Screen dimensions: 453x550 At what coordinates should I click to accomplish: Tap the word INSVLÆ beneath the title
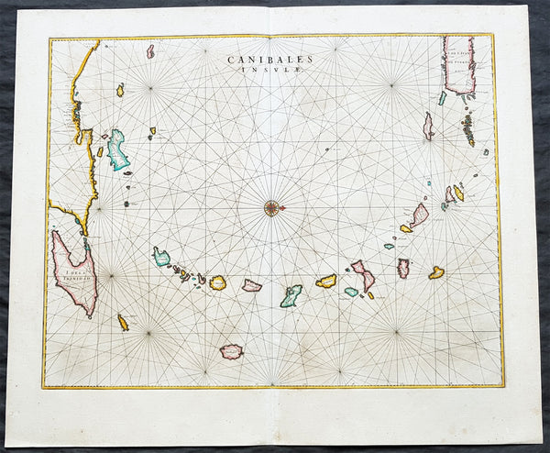[272, 69]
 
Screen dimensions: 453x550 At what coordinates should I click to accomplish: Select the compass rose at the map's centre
[272, 207]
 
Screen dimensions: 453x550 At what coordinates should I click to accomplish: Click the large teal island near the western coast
[117, 151]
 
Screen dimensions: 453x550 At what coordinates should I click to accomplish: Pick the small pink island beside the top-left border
[150, 51]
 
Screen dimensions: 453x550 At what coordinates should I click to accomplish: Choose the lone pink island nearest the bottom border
[232, 351]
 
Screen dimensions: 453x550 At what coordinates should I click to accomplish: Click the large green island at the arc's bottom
[291, 295]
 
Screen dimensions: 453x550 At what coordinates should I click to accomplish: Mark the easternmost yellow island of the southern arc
[436, 272]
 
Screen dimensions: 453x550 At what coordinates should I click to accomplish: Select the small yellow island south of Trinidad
[123, 322]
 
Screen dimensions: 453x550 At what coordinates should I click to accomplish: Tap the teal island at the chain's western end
[161, 258]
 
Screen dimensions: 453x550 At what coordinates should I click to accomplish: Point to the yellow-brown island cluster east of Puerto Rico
[468, 126]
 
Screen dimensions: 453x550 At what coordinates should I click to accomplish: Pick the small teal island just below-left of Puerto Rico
[442, 97]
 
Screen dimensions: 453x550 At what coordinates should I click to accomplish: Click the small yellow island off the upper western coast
[120, 90]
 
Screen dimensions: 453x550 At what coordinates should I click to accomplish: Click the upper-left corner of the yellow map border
[49, 39]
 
